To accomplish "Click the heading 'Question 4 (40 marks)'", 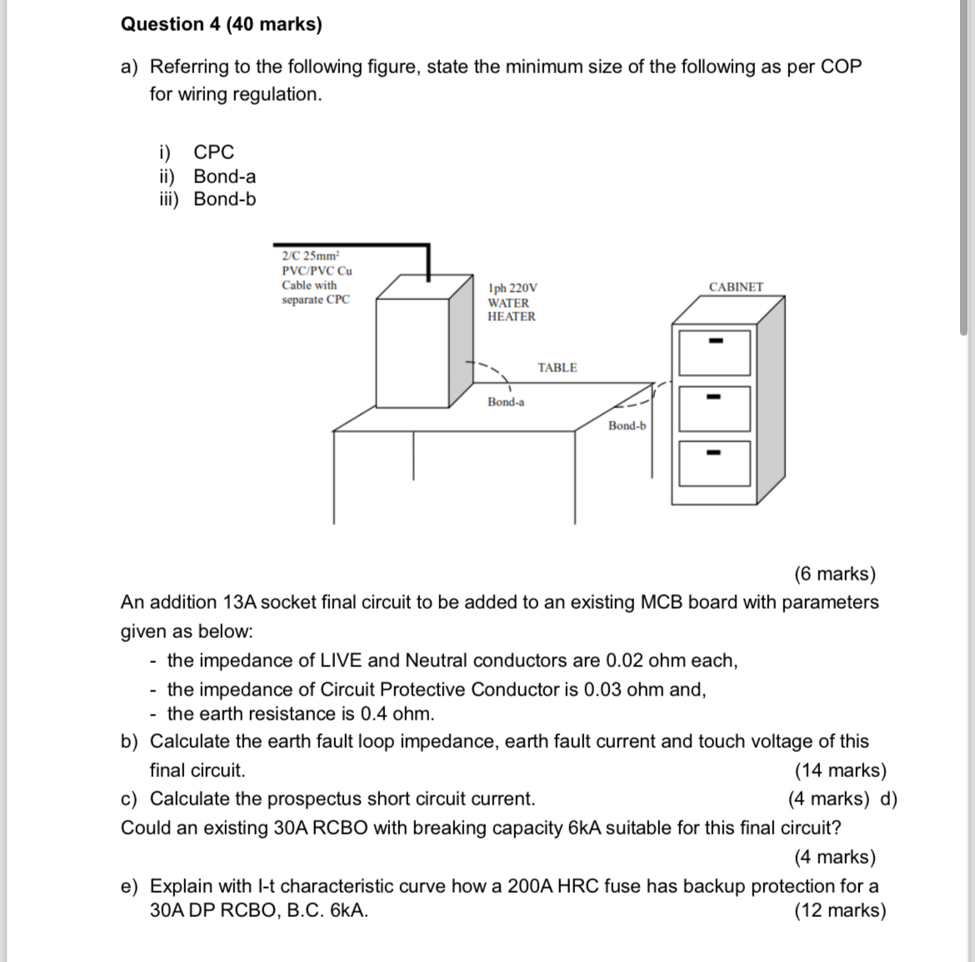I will [x=221, y=24].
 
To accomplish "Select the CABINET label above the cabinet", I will [x=736, y=287].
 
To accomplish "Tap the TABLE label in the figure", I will [x=557, y=367].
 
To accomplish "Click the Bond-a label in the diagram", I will [x=506, y=402].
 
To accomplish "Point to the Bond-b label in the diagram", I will [x=627, y=426].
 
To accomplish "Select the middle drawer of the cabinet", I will [x=714, y=408].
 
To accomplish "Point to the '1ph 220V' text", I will [x=507, y=287].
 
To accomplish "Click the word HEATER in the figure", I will [x=512, y=317].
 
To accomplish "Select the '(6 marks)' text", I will [x=834, y=574].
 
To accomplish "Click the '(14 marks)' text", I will [x=840, y=770].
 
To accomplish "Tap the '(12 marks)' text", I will [x=840, y=910].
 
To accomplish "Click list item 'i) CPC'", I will [x=197, y=152].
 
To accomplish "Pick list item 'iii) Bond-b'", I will [x=208, y=199].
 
